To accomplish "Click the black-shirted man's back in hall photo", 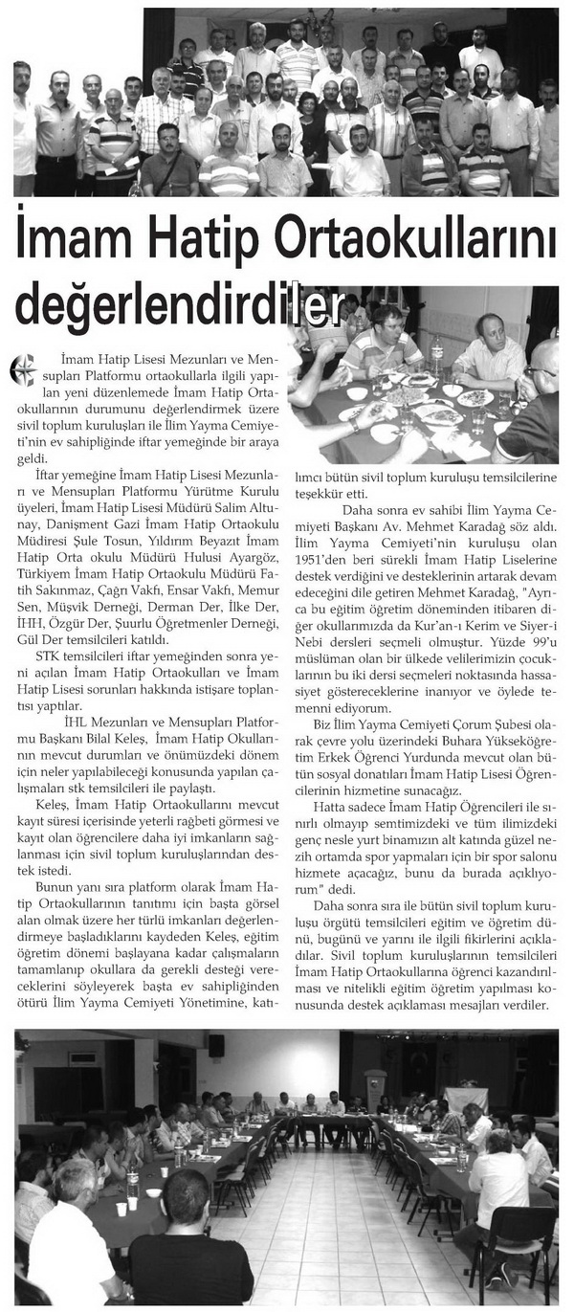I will coord(191,1262).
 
